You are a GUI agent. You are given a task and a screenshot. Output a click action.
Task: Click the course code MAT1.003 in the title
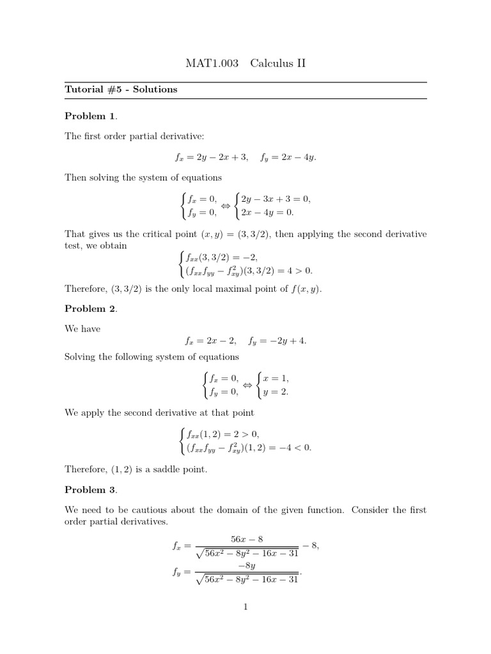point(212,63)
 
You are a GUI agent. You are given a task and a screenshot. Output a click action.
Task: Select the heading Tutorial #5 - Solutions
point(121,89)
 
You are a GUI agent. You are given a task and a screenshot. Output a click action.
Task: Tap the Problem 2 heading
point(91,308)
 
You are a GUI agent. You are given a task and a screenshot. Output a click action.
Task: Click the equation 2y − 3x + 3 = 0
point(276,199)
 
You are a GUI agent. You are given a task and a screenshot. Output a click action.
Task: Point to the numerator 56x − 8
point(247,539)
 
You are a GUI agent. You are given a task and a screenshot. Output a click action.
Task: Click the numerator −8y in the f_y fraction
point(247,565)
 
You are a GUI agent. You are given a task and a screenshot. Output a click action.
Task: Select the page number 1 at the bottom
point(245,607)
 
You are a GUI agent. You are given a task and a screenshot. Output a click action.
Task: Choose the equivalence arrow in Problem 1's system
point(226,205)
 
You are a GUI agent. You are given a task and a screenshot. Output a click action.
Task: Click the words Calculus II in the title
point(279,63)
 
